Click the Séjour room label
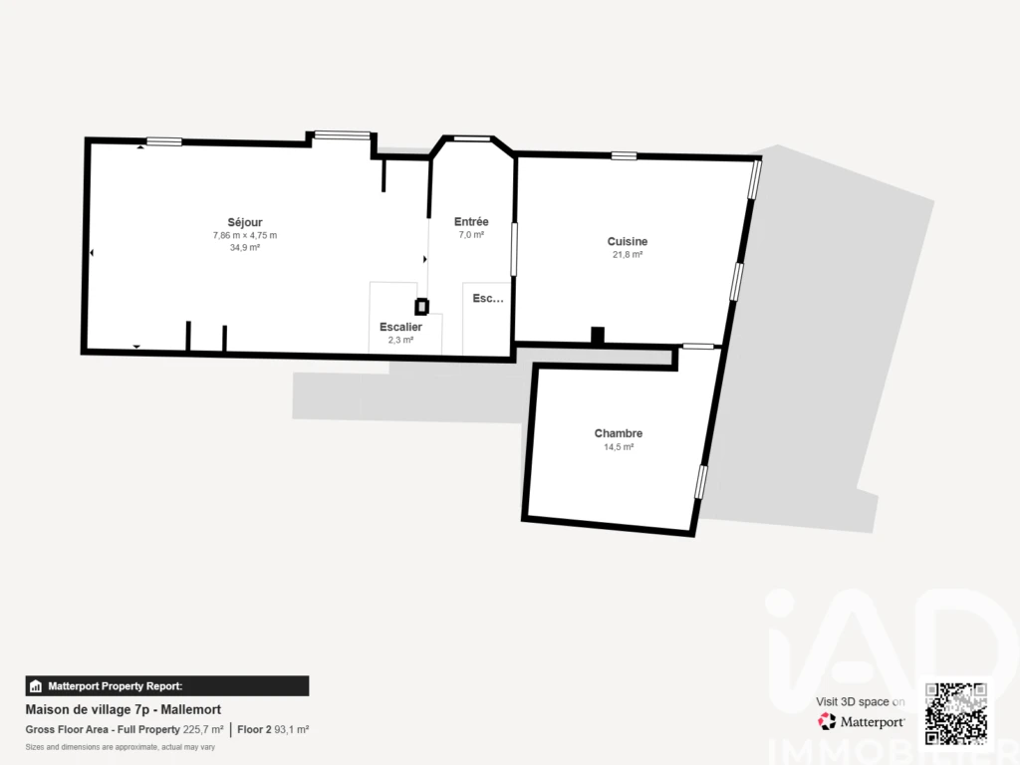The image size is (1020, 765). (x=245, y=222)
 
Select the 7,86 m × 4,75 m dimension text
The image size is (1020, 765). (x=245, y=235)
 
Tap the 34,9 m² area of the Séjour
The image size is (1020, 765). (x=245, y=248)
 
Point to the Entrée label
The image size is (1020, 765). (x=471, y=222)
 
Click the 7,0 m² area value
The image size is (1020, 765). (x=471, y=235)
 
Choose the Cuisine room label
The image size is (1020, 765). (x=628, y=241)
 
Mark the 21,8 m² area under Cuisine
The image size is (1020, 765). (x=628, y=254)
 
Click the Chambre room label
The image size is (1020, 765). (x=618, y=433)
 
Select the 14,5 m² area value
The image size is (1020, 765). (x=618, y=447)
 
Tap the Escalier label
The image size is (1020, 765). (x=400, y=327)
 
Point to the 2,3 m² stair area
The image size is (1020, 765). (x=400, y=341)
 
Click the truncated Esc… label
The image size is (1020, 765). (x=488, y=299)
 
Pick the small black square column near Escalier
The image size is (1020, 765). (x=422, y=307)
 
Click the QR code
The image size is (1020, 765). (x=955, y=713)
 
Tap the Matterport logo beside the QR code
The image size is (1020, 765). (x=861, y=721)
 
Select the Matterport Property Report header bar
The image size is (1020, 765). (x=167, y=686)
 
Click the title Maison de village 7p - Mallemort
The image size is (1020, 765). (x=123, y=709)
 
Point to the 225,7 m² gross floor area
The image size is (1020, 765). (x=203, y=730)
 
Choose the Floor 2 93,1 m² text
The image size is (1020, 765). (x=273, y=730)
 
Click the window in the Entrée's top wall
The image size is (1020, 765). (x=471, y=138)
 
